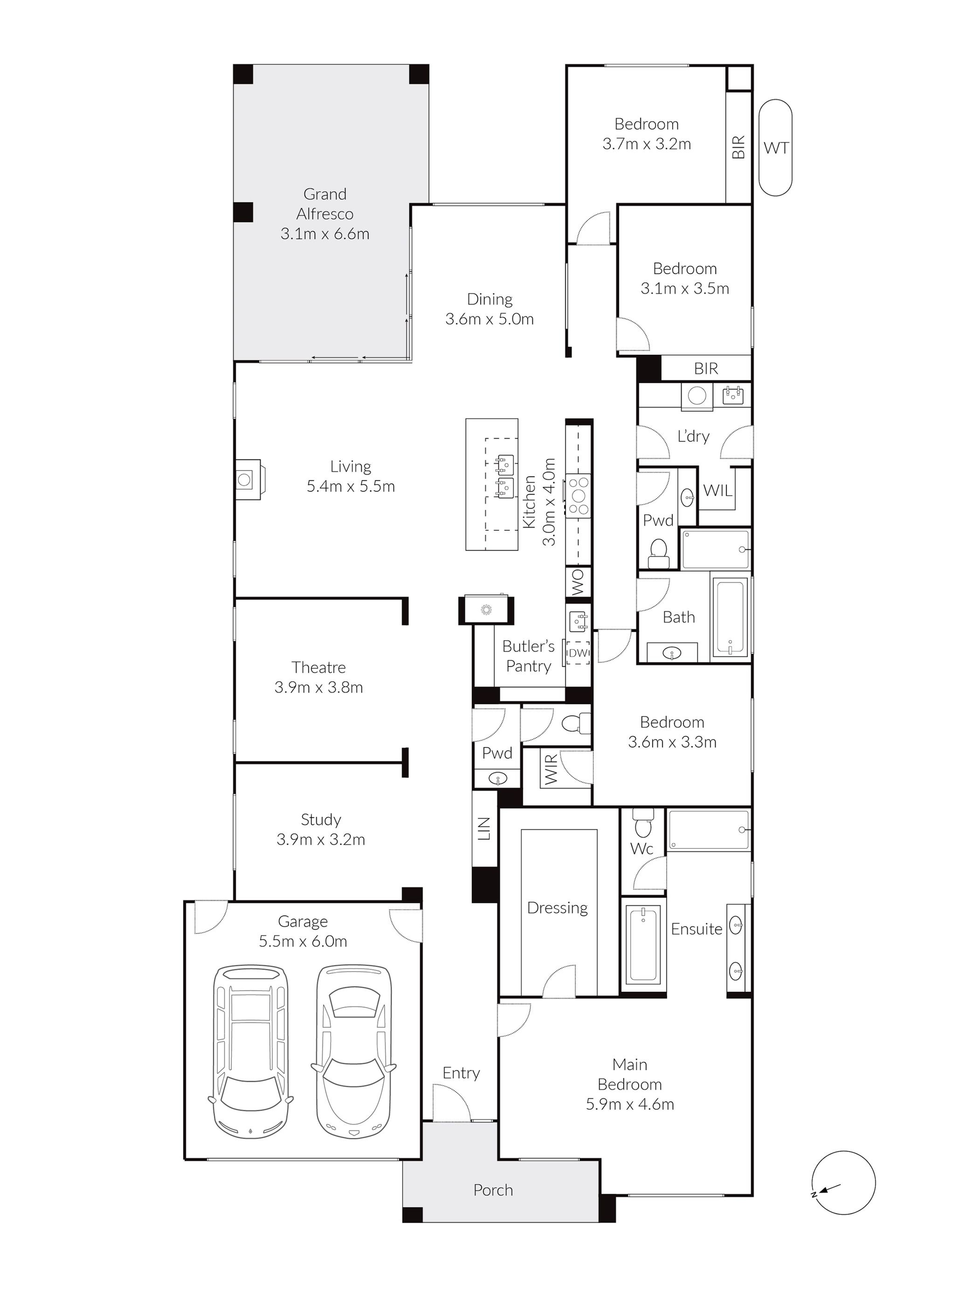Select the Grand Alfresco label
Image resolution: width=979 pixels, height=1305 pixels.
tap(325, 204)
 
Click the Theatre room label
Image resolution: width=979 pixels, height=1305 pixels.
tap(319, 667)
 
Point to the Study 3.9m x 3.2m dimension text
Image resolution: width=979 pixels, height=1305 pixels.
tap(321, 840)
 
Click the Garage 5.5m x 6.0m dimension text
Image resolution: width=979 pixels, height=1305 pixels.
tap(303, 941)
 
